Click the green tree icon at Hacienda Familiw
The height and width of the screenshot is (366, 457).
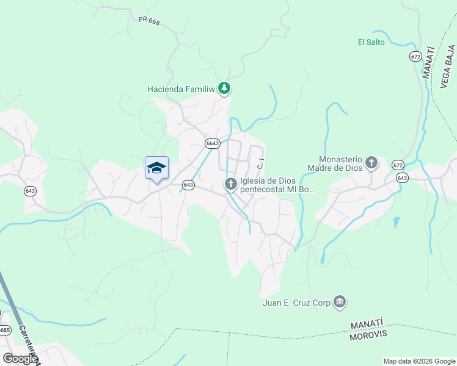point(225,89)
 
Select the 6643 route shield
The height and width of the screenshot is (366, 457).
point(212,143)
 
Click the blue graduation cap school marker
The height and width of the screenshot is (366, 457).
point(156,167)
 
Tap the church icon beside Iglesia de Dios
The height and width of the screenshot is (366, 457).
point(231,184)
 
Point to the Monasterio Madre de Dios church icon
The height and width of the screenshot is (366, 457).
point(371,163)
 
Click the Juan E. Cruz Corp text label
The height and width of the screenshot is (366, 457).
point(296,302)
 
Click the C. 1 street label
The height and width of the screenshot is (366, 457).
point(261,163)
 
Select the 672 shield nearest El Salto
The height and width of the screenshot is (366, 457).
point(415,56)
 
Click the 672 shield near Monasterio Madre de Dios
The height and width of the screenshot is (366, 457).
point(398,165)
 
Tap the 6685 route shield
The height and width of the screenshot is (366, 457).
point(4,330)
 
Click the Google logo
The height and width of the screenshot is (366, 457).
point(20,359)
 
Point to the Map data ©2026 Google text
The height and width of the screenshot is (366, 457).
point(419,361)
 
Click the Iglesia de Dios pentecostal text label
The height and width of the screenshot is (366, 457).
point(278,184)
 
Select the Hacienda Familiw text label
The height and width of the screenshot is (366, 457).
point(181,89)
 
